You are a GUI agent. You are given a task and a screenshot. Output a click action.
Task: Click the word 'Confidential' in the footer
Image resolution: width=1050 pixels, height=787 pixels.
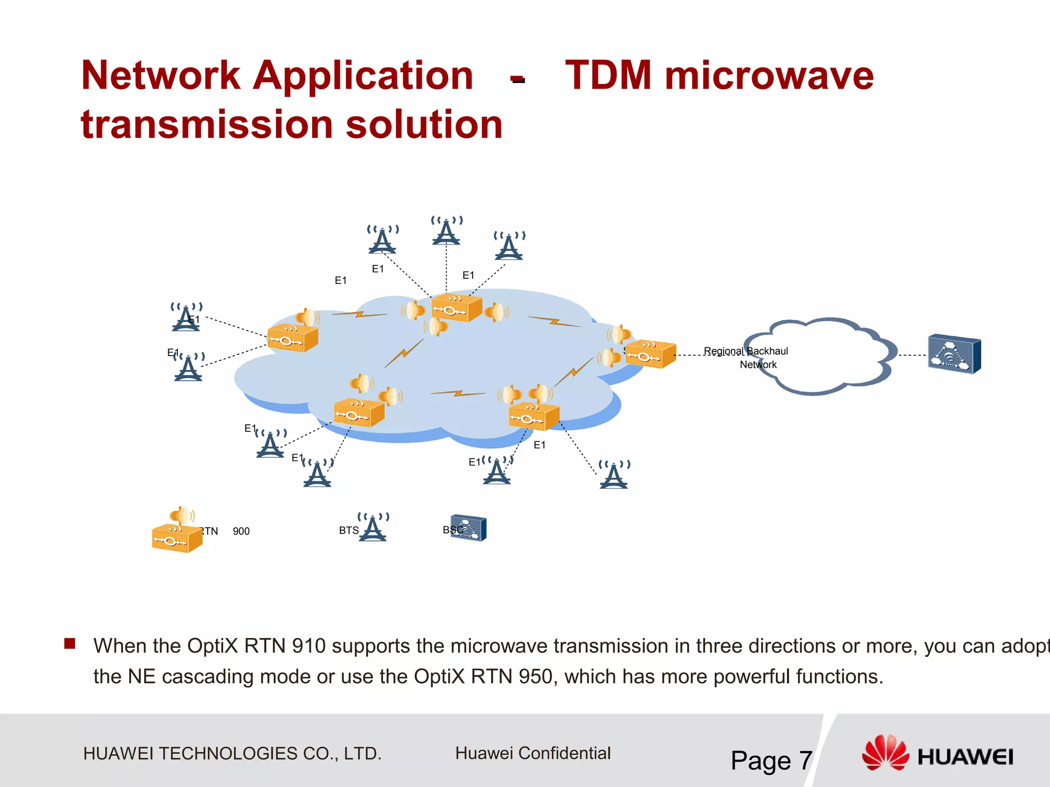coord(564,753)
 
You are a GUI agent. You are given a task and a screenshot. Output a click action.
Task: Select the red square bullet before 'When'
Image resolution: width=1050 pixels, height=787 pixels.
coord(70,644)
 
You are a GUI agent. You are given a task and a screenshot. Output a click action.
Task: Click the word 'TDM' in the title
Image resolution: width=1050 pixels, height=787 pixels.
coord(609,75)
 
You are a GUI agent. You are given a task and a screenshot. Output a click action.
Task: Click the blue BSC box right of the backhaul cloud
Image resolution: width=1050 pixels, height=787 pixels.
coord(954,354)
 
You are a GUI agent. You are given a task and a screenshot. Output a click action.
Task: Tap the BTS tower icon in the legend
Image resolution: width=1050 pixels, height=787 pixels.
coord(373,527)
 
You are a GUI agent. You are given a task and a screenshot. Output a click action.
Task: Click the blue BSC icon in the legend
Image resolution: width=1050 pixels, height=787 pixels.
coord(469,528)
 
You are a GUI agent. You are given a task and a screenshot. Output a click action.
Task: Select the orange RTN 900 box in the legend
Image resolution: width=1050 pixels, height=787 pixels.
coord(177,538)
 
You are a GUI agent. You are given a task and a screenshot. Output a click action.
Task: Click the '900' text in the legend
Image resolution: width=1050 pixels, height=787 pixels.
coord(241,531)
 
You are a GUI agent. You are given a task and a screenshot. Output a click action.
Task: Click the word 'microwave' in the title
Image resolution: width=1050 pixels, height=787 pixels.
coord(769,75)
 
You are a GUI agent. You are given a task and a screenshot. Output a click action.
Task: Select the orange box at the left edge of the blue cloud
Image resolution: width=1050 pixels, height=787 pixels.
coord(293,338)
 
